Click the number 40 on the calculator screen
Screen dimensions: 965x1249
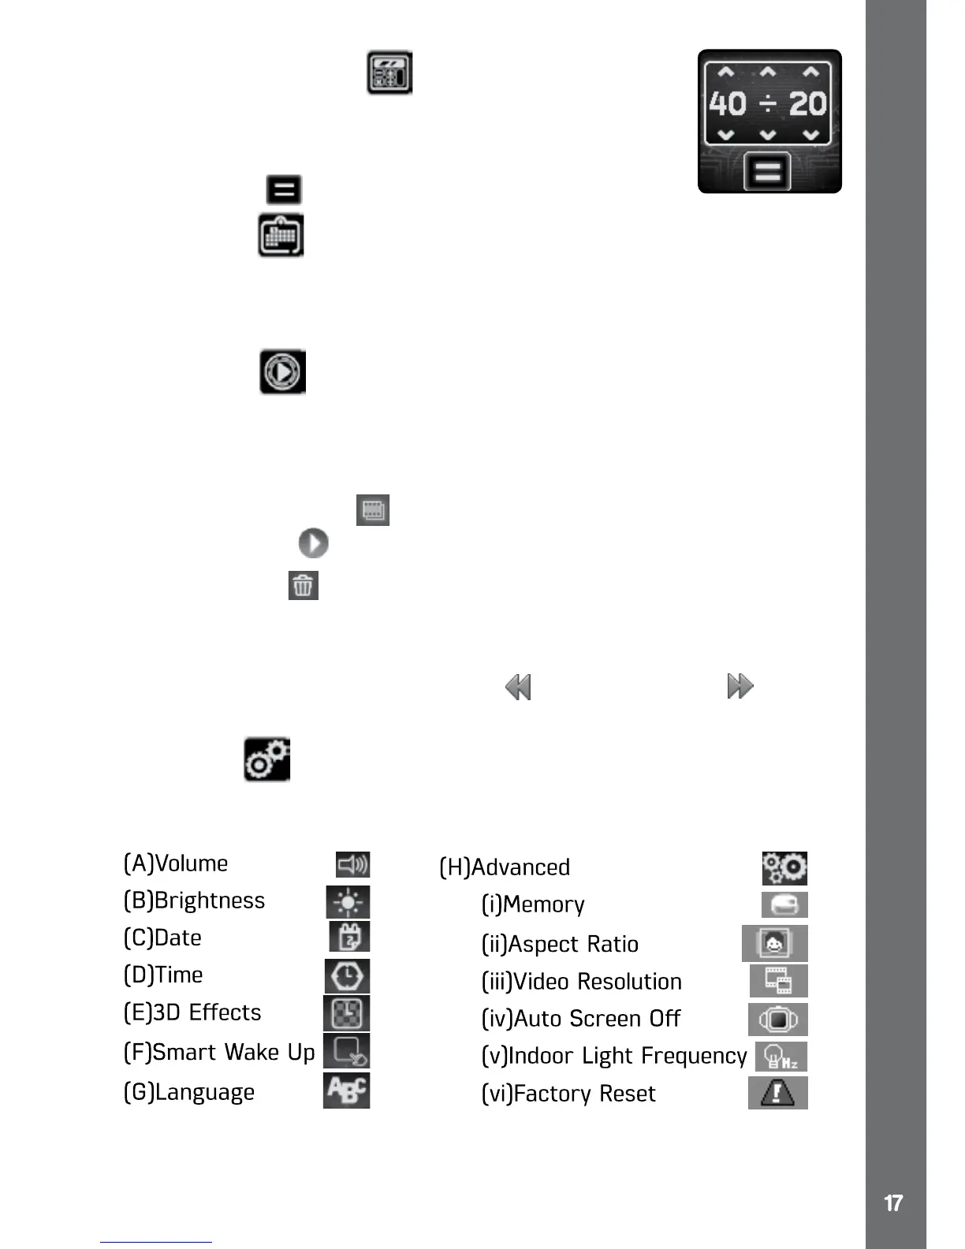pos(727,104)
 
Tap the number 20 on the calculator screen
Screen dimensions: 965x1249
pos(807,104)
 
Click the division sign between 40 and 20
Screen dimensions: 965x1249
pos(768,104)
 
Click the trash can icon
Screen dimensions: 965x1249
pos(303,586)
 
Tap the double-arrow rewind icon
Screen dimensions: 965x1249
pos(518,687)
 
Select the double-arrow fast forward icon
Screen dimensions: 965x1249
pos(740,686)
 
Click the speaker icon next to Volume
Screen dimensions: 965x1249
pos(352,865)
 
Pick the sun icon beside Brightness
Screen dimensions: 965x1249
pos(348,902)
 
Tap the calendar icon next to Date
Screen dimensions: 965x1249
pos(349,937)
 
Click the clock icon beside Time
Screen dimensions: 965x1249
pos(347,976)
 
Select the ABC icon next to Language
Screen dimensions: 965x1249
pos(346,1091)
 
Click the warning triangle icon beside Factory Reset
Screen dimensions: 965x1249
pos(778,1093)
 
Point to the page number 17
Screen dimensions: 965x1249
pos(893,1203)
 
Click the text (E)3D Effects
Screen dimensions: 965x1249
pos(192,1012)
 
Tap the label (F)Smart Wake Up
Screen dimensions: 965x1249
pos(219,1053)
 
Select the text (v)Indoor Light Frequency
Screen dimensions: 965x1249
pos(614,1056)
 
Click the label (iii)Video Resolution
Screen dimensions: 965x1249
pos(582,982)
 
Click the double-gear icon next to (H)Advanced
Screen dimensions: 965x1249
pos(784,868)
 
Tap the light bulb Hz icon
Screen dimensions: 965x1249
pos(781,1057)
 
